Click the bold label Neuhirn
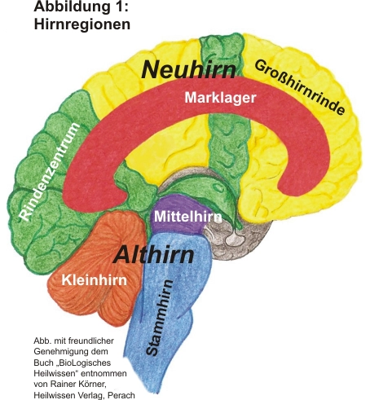(188, 69)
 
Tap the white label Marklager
(220, 98)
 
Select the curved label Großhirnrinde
(300, 87)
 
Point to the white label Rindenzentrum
(51, 171)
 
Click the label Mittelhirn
(188, 217)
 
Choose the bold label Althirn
(154, 255)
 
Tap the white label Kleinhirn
(95, 279)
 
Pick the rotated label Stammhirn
(159, 318)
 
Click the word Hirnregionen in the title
(82, 24)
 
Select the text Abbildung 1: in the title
(81, 7)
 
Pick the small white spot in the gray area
(233, 239)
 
